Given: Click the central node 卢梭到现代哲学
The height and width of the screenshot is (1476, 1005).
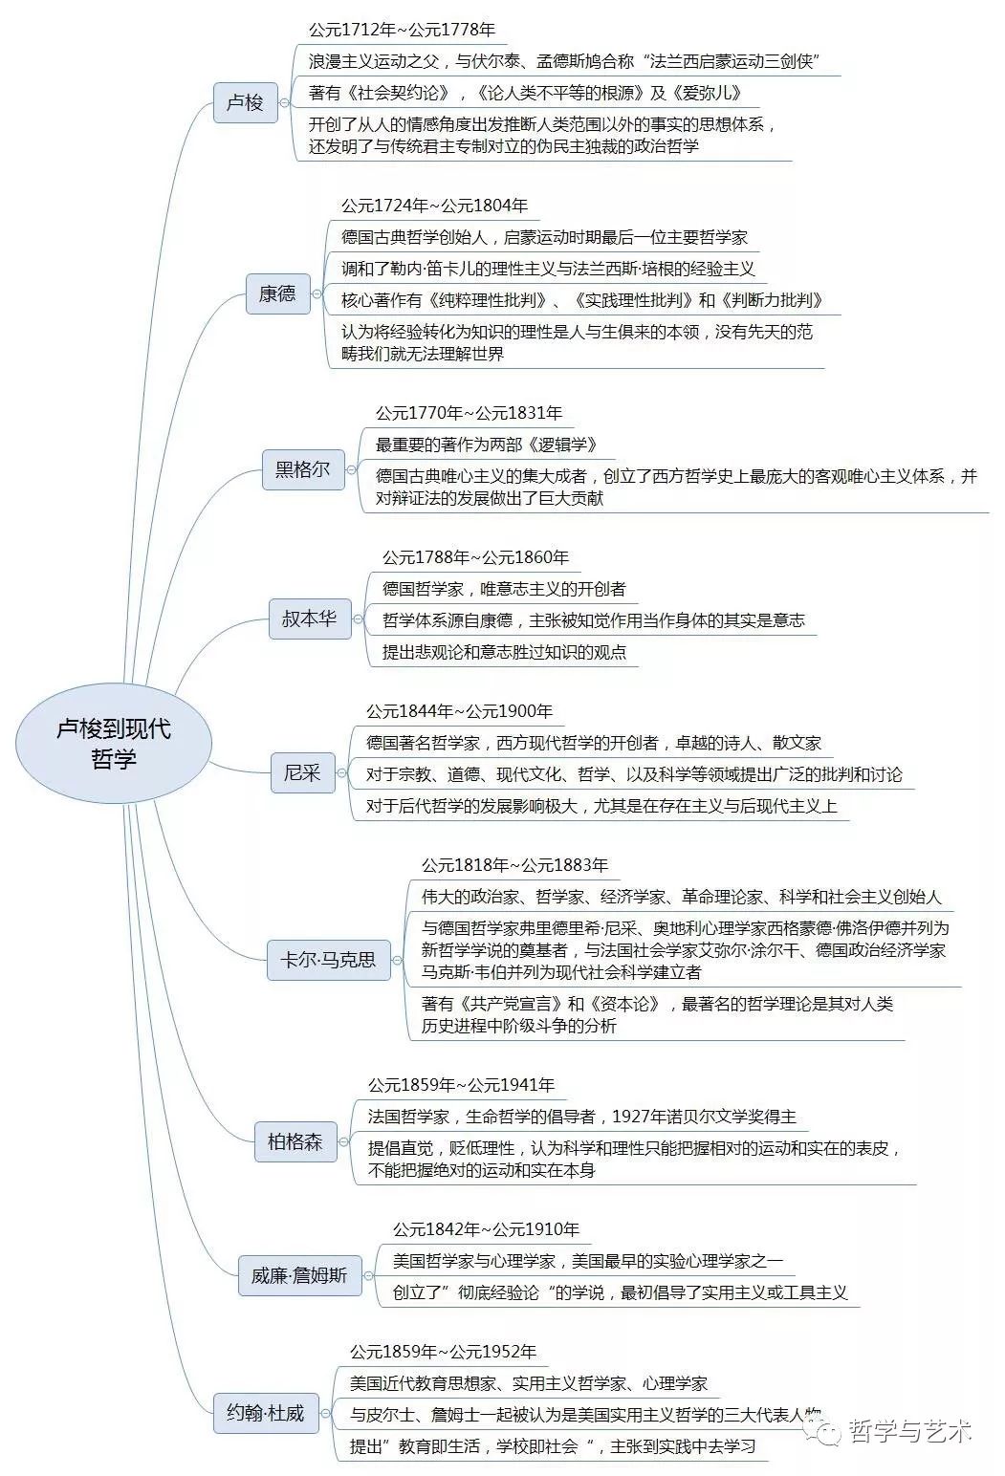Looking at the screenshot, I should (x=114, y=743).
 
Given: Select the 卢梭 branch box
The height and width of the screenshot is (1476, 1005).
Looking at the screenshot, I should (x=245, y=102).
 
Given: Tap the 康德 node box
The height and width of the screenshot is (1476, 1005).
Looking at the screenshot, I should (x=277, y=293).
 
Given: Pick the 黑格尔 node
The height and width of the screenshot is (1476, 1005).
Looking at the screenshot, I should (x=303, y=469).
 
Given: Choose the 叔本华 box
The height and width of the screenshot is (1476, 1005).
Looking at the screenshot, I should (x=309, y=619).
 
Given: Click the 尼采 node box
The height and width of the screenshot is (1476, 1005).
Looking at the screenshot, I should (x=302, y=772).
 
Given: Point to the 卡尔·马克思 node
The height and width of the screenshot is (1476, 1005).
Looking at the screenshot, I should (x=328, y=959).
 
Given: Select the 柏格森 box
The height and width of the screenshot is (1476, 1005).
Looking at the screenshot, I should (x=295, y=1140).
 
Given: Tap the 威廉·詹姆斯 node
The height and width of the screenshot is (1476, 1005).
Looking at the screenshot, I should (x=299, y=1275).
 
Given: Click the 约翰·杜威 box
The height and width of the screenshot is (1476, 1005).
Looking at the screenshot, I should (x=265, y=1412).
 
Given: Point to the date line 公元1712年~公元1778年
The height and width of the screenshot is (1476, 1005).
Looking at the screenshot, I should (x=402, y=31).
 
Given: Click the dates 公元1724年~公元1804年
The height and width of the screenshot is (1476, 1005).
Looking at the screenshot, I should (x=434, y=206).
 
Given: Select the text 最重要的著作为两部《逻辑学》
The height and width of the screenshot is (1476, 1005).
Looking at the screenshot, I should (x=486, y=445).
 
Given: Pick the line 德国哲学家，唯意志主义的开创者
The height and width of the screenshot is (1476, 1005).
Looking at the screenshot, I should (x=504, y=589).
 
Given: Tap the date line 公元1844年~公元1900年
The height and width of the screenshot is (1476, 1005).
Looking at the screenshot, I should (x=459, y=711).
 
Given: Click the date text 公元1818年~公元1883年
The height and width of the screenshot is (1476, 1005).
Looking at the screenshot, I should (x=514, y=865).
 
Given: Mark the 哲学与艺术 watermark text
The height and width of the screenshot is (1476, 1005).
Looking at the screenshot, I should (x=909, y=1431).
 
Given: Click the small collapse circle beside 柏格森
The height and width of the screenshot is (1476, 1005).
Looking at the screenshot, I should (x=347, y=1141).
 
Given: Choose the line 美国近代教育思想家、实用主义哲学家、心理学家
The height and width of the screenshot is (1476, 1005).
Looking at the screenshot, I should (x=528, y=1383).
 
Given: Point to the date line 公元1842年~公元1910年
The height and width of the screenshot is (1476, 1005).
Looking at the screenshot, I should (x=486, y=1229).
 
